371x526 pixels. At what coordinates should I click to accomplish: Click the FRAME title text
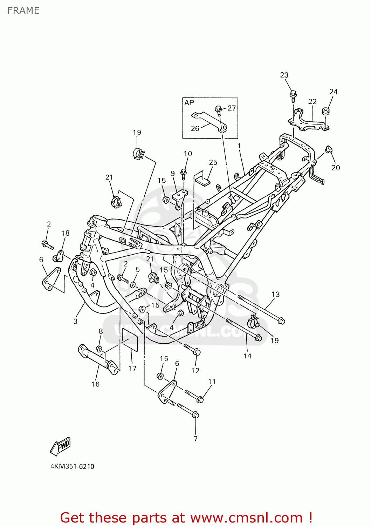(x=23, y=11)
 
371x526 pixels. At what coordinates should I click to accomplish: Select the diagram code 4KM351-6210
(x=72, y=466)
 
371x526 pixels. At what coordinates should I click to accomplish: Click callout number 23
(x=284, y=75)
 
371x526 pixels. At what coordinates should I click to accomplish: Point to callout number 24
(x=334, y=92)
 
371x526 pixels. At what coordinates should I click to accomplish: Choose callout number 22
(x=312, y=102)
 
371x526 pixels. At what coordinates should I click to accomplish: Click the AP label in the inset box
(x=189, y=103)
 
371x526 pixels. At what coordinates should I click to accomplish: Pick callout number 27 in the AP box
(x=232, y=108)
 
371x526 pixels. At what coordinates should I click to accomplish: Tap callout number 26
(x=195, y=128)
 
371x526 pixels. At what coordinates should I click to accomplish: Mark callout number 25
(x=213, y=162)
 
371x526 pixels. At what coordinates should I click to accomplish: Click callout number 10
(x=188, y=154)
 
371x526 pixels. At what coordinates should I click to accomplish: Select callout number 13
(x=275, y=294)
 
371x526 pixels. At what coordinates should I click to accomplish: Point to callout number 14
(x=247, y=356)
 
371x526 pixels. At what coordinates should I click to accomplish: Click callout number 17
(x=132, y=368)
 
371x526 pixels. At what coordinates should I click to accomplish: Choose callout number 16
(x=95, y=384)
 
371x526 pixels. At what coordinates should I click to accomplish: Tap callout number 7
(x=195, y=438)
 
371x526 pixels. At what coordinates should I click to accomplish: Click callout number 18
(x=65, y=233)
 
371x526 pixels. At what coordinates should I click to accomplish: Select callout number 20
(x=336, y=168)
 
